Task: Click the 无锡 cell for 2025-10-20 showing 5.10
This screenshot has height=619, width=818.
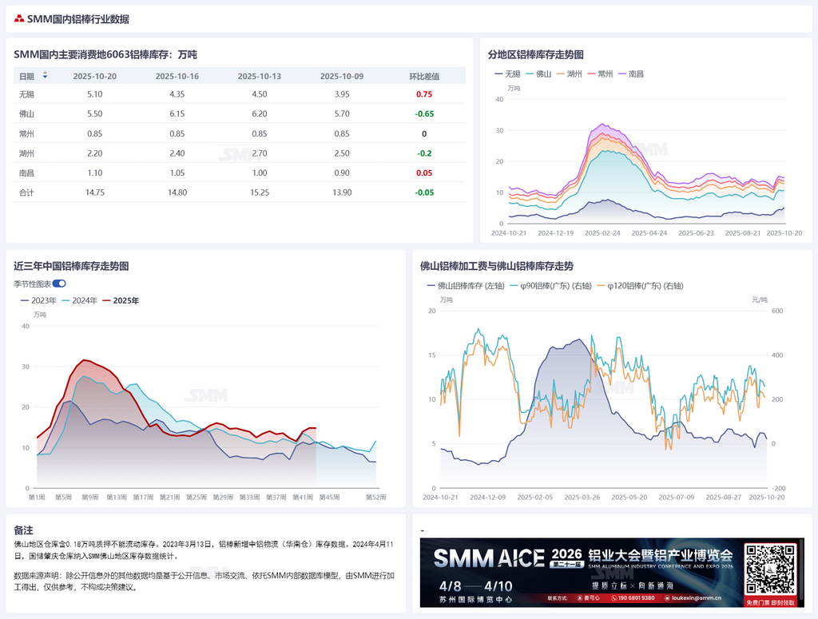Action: click(x=94, y=94)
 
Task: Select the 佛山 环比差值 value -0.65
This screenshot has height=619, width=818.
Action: click(x=424, y=114)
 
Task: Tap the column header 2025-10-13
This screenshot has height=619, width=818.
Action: click(x=259, y=76)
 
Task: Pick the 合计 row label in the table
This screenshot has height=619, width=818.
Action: click(x=26, y=192)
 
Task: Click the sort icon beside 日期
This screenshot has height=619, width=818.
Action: click(x=45, y=76)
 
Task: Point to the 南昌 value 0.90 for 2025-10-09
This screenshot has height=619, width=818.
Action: click(x=341, y=173)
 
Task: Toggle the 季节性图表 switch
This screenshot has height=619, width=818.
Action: click(x=59, y=284)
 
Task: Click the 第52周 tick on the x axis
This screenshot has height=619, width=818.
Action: click(x=376, y=498)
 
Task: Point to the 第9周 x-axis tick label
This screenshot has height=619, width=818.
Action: click(x=90, y=498)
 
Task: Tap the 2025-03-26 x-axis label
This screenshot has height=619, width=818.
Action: click(x=582, y=498)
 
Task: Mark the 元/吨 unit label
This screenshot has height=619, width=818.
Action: click(x=760, y=300)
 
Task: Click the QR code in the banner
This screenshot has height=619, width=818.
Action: click(x=771, y=570)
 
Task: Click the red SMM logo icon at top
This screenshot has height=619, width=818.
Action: click(x=19, y=19)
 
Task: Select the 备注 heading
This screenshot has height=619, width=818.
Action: click(x=23, y=530)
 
